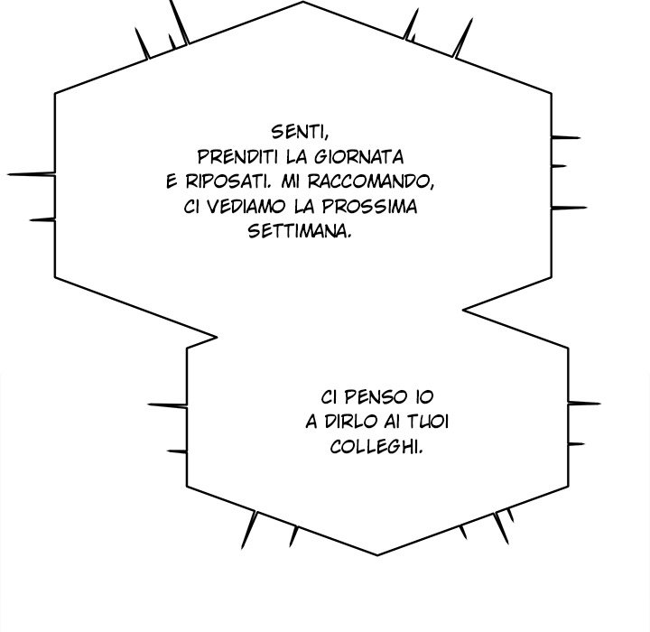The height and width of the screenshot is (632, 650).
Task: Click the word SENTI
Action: pyautogui.click(x=300, y=133)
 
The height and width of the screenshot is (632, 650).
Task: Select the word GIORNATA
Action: pyautogui.click(x=358, y=157)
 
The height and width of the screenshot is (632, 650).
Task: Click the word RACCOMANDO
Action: pyautogui.click(x=371, y=181)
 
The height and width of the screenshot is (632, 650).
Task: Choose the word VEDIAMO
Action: pyautogui.click(x=246, y=206)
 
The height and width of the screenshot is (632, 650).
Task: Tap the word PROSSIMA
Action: pyautogui.click(x=369, y=206)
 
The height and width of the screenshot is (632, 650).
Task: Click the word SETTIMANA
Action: pyautogui.click(x=300, y=230)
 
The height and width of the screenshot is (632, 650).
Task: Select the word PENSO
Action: pyautogui.click(x=376, y=397)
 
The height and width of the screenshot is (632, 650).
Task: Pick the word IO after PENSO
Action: pyautogui.click(x=423, y=397)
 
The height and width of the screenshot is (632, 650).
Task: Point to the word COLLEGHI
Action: pyautogui.click(x=376, y=447)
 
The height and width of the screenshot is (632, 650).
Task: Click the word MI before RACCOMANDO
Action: pyautogui.click(x=291, y=181)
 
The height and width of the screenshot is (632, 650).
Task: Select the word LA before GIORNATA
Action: pyautogui.click(x=296, y=157)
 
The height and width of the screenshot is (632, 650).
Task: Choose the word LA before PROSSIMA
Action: pyautogui.click(x=304, y=206)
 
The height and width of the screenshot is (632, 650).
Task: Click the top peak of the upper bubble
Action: pyautogui.click(x=303, y=2)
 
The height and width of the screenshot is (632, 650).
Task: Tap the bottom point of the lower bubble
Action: pyautogui.click(x=377, y=554)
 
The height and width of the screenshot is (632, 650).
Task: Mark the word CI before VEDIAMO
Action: pyautogui.click(x=191, y=206)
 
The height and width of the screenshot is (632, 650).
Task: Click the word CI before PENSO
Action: pyautogui.click(x=329, y=397)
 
